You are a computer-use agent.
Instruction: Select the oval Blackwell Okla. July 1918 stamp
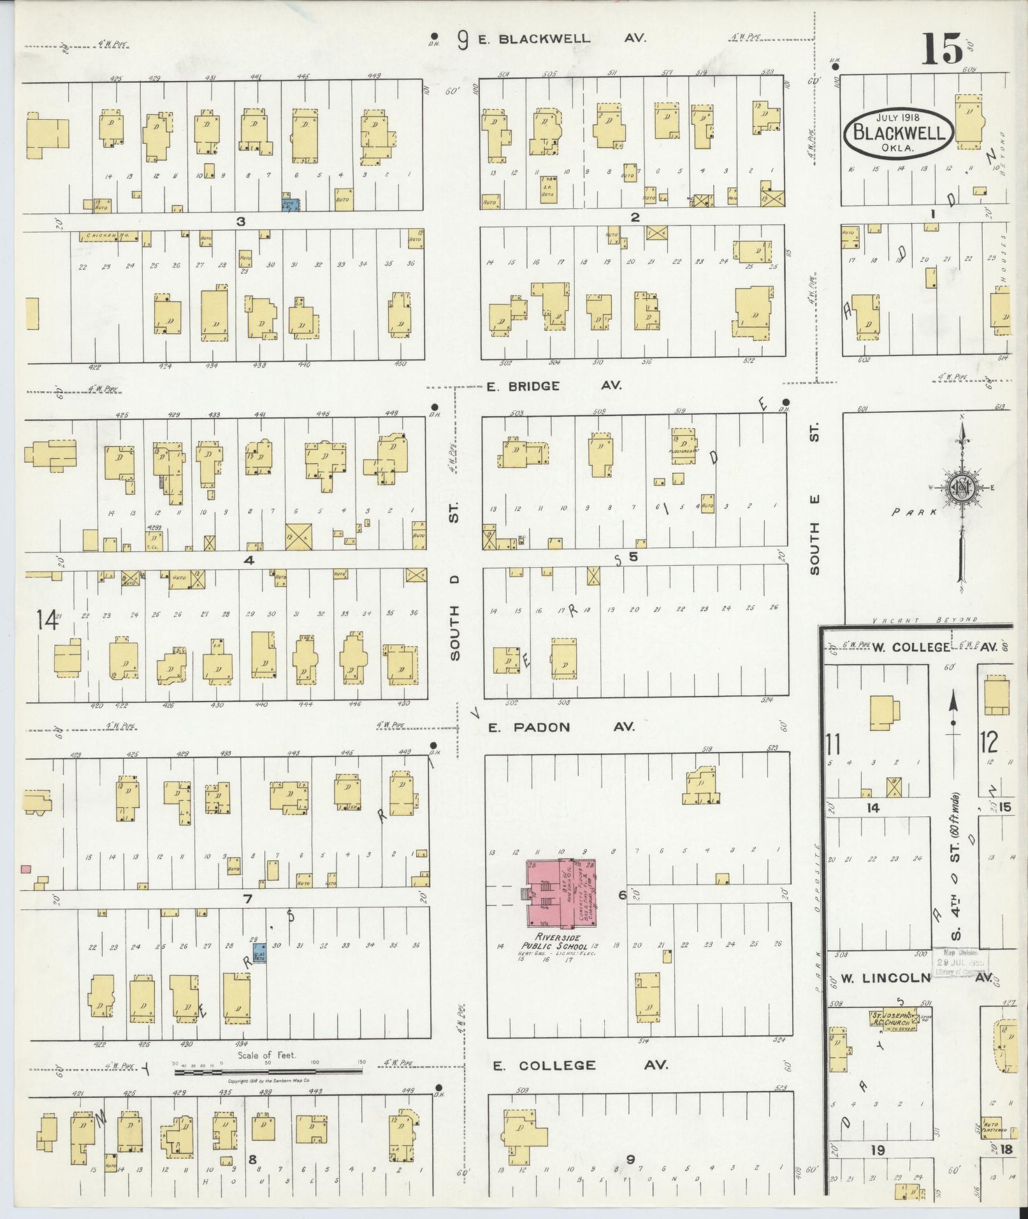(899, 133)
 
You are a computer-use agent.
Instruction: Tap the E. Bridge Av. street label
(554, 386)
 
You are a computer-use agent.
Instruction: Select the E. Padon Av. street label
(561, 726)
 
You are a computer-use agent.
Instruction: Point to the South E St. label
(814, 497)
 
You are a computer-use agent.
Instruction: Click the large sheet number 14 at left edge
(46, 619)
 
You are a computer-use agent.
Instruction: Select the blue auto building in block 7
(259, 952)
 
